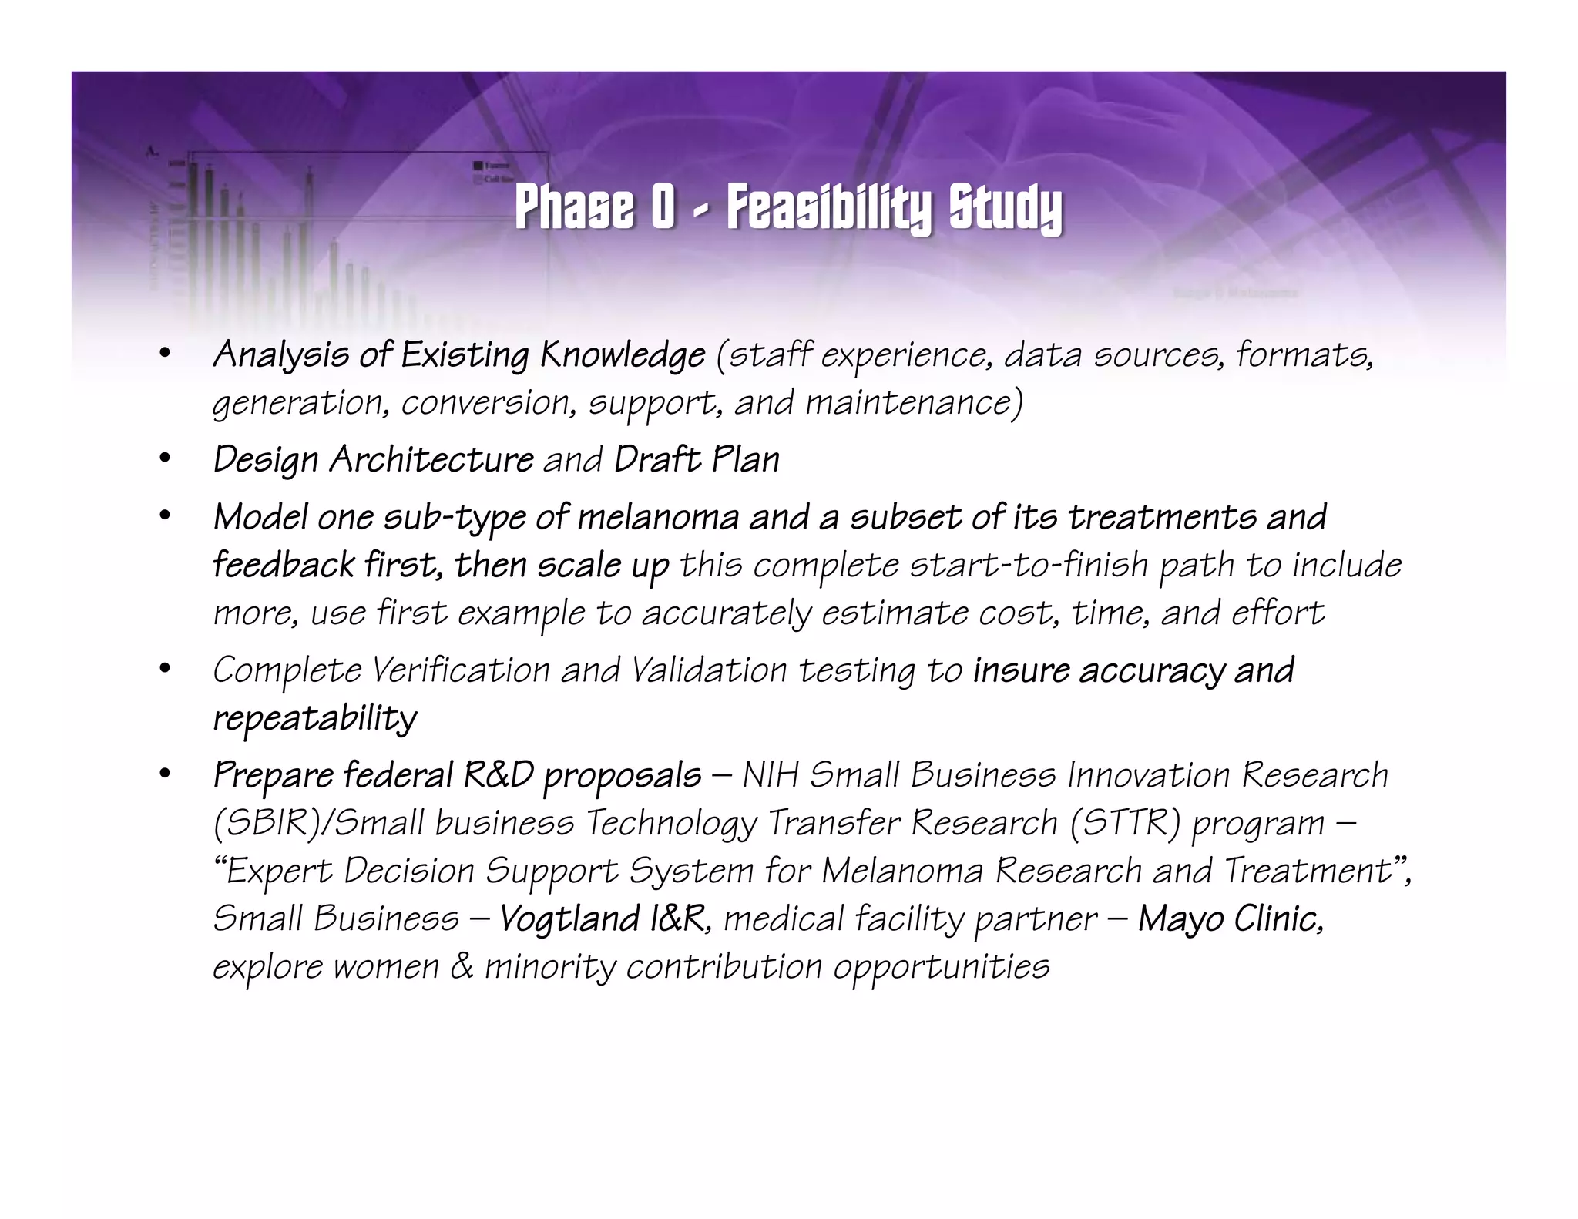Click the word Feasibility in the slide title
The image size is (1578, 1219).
(828, 208)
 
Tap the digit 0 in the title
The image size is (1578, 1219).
(663, 208)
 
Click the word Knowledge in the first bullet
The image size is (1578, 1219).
(622, 355)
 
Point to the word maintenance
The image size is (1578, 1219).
(914, 403)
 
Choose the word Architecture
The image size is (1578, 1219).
(431, 460)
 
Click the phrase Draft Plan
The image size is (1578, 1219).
(697, 460)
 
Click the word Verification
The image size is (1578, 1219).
(460, 670)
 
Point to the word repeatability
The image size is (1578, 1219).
(314, 718)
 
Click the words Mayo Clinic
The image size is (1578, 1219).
(1231, 918)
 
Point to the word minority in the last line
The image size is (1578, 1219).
(549, 966)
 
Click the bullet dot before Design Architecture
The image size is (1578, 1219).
(164, 460)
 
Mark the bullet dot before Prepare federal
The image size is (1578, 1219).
(164, 775)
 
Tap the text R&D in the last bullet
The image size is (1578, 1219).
(498, 775)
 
